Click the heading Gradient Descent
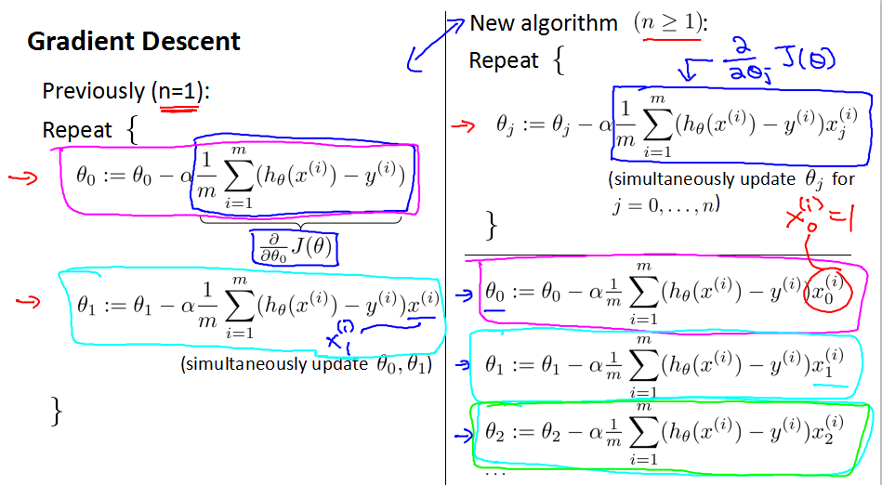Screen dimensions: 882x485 click(x=134, y=42)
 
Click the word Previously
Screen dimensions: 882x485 click(x=93, y=91)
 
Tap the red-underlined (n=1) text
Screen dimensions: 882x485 click(x=179, y=91)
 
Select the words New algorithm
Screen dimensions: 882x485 click(x=544, y=23)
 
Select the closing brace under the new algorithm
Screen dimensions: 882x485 click(x=492, y=225)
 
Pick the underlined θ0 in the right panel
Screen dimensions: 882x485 click(x=495, y=291)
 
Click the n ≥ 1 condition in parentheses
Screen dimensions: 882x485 click(x=668, y=23)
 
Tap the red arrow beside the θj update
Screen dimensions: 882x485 click(x=460, y=124)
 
